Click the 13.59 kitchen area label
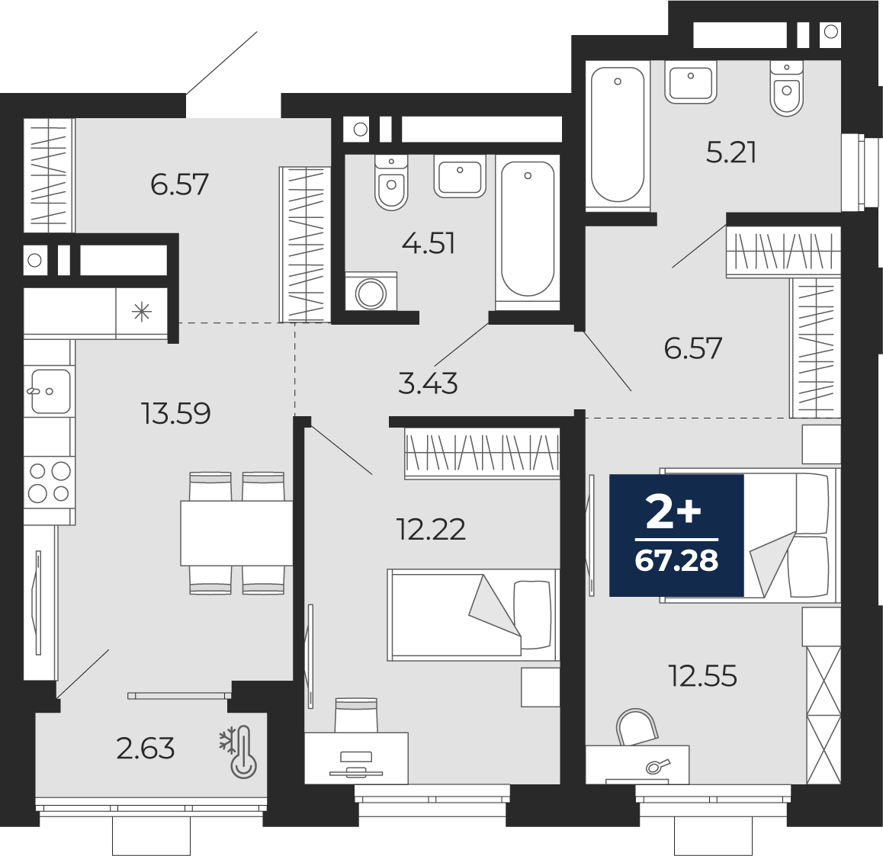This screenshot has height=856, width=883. pyautogui.click(x=176, y=414)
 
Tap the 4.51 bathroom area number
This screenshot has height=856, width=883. pyautogui.click(x=429, y=244)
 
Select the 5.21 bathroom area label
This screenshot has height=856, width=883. pyautogui.click(x=731, y=152)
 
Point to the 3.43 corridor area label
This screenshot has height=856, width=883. pyautogui.click(x=428, y=384)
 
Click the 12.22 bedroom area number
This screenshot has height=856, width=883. pyautogui.click(x=432, y=530)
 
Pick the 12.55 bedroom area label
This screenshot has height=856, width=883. pyautogui.click(x=703, y=676)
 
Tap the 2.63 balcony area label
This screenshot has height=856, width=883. pyautogui.click(x=146, y=749)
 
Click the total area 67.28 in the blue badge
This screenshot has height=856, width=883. pyautogui.click(x=676, y=560)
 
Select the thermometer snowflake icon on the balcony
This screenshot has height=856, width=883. pyautogui.click(x=238, y=752)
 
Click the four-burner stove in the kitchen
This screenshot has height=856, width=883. pyautogui.click(x=50, y=482)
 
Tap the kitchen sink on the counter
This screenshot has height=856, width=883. pyautogui.click(x=50, y=390)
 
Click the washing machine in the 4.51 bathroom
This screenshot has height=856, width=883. pyautogui.click(x=371, y=291)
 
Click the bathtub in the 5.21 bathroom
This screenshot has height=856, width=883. pyautogui.click(x=618, y=134)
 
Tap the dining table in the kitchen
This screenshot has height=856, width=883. pyautogui.click(x=236, y=532)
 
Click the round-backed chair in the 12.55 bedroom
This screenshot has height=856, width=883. pyautogui.click(x=637, y=727)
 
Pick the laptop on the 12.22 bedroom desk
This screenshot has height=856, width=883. pyautogui.click(x=355, y=765)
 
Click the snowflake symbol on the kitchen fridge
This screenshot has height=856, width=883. pyautogui.click(x=142, y=312)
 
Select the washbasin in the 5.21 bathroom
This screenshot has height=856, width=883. pyautogui.click(x=690, y=82)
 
